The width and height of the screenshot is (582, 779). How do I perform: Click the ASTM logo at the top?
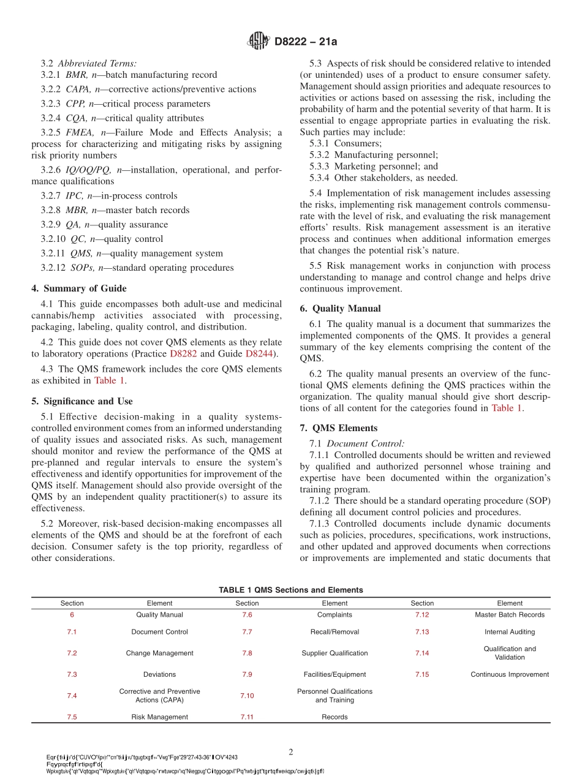(258, 42)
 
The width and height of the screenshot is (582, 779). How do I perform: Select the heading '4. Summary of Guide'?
(79, 288)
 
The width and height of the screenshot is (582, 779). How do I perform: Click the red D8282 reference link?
(183, 353)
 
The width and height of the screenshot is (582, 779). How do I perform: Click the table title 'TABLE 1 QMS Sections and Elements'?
(291, 590)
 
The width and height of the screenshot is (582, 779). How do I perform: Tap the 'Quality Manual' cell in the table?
(159, 615)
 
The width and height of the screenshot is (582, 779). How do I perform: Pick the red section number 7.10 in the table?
(247, 696)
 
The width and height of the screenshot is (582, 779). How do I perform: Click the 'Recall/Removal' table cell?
(334, 632)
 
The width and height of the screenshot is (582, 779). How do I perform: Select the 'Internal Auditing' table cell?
(510, 632)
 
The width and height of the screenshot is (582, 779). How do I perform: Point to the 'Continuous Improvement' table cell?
(510, 674)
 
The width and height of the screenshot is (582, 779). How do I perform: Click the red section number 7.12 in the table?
(422, 615)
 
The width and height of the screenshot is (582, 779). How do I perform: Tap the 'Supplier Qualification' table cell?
(334, 653)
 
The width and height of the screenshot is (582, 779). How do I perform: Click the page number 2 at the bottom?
(291, 751)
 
